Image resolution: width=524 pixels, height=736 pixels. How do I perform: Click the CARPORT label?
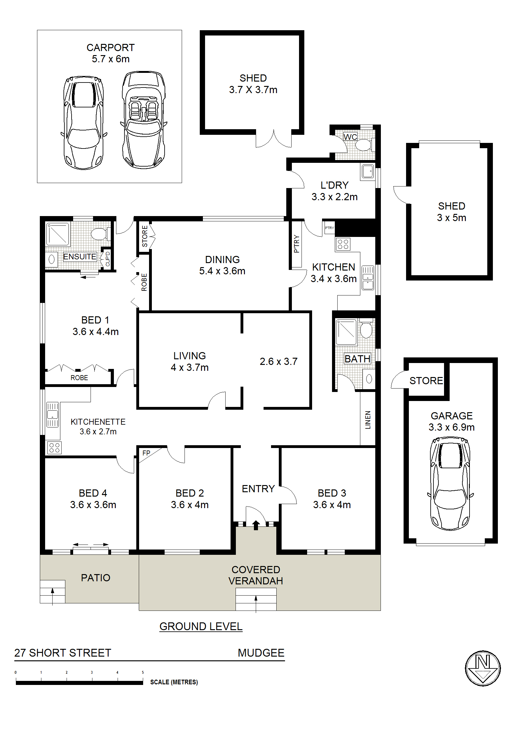click(110, 48)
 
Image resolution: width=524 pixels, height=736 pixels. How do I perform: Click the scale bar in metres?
click(79, 682)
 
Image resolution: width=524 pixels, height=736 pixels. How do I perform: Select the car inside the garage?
click(450, 484)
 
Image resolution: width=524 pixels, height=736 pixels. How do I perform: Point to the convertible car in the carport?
click(143, 120)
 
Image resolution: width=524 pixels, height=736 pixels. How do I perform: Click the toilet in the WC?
click(365, 145)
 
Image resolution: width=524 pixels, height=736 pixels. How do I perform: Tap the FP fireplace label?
click(146, 453)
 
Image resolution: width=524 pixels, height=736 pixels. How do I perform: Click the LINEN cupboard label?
click(368, 420)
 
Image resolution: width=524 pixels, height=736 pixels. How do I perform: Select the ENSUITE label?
click(80, 256)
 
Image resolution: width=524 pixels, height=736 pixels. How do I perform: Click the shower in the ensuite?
click(58, 234)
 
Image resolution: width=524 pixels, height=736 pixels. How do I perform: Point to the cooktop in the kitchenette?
click(54, 447)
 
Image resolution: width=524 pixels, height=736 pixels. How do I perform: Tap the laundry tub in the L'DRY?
click(367, 171)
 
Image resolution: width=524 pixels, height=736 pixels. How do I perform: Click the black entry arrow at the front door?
click(256, 525)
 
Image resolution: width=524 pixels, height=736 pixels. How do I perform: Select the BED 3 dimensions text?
click(332, 505)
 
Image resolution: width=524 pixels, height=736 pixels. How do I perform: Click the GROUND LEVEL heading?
click(201, 626)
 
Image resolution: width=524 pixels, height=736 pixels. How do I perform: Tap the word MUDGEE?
click(261, 653)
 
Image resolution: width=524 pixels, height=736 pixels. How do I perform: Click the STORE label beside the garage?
click(426, 380)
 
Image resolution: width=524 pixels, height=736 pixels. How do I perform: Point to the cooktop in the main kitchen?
click(343, 244)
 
